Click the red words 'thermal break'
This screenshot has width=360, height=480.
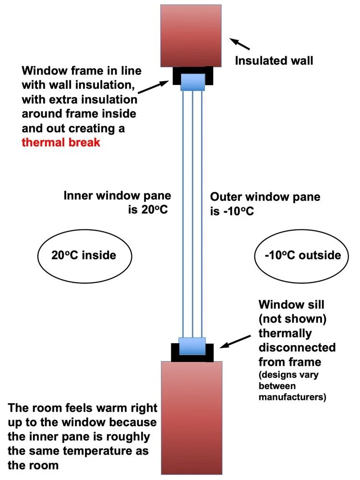pyautogui.click(x=61, y=143)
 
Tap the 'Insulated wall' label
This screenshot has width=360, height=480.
pyautogui.click(x=274, y=60)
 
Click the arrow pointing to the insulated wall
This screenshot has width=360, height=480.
pyautogui.click(x=240, y=44)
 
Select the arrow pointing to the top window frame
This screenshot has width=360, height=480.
pyautogui.click(x=154, y=86)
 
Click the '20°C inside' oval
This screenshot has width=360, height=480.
pyautogui.click(x=84, y=256)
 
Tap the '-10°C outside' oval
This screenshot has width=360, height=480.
pyautogui.click(x=301, y=256)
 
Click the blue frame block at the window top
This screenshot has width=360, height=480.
pyautogui.click(x=192, y=82)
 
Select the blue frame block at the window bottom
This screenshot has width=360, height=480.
pyautogui.click(x=192, y=346)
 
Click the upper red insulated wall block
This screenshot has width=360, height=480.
pyautogui.click(x=191, y=36)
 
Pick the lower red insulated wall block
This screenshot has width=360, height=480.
pyautogui.click(x=192, y=418)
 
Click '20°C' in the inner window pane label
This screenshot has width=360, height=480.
pyautogui.click(x=154, y=210)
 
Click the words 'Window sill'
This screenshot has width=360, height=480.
pyautogui.click(x=291, y=305)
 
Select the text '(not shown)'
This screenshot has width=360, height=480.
pyautogui.click(x=292, y=319)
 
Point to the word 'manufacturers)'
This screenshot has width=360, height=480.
pyautogui.click(x=292, y=397)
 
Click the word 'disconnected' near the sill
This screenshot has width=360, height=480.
pyautogui.click(x=297, y=348)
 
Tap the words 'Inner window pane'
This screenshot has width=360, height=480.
pyautogui.click(x=117, y=195)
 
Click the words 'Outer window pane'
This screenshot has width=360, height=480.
pyautogui.click(x=265, y=197)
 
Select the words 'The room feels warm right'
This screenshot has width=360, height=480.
pyautogui.click(x=83, y=408)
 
